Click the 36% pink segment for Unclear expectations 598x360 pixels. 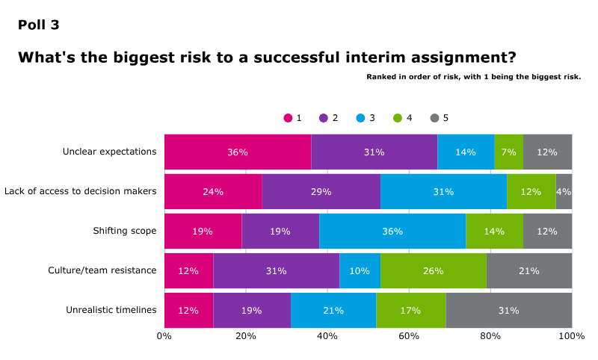tap(238, 152)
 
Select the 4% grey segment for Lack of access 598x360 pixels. tap(564, 191)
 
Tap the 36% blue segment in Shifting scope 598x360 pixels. tap(392, 231)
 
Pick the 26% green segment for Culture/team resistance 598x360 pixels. tap(434, 270)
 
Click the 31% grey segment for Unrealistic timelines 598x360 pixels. tap(508, 310)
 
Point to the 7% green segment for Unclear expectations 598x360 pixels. tap(508, 152)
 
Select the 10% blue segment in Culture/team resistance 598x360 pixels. tap(360, 270)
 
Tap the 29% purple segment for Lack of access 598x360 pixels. tap(321, 191)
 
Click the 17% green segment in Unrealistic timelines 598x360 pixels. tap(410, 310)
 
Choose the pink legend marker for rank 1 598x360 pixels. tap(288, 118)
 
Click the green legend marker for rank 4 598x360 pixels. tap(398, 118)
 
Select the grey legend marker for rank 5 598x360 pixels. tap(434, 118)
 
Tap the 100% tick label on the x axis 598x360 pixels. tap(572, 336)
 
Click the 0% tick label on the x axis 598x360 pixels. tap(164, 336)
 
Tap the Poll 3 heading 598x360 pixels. tap(39, 25)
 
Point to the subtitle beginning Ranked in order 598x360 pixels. tap(473, 77)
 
